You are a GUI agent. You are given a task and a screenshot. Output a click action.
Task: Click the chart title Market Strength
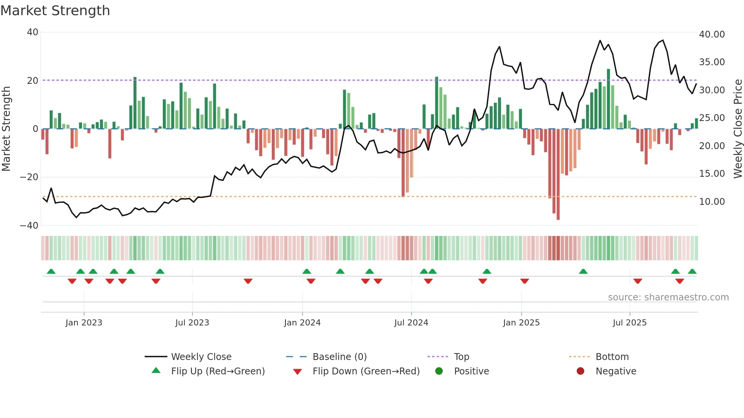click(x=55, y=11)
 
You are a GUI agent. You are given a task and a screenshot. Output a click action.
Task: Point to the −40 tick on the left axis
click(x=29, y=226)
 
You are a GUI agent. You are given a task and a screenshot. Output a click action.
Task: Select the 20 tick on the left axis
click(x=33, y=80)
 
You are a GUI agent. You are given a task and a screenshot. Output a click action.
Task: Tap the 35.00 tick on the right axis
click(x=712, y=62)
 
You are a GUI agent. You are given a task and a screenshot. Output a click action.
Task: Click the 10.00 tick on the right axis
click(x=712, y=202)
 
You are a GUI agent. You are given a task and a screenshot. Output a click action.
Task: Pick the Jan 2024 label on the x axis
click(x=302, y=323)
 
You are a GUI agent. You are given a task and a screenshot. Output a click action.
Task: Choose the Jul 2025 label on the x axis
click(x=629, y=323)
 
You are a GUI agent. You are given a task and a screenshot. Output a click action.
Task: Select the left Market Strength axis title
click(x=6, y=129)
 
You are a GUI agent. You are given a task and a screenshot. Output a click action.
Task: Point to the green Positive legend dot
click(x=439, y=371)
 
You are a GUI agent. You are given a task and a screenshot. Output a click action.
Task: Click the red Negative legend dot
click(x=580, y=371)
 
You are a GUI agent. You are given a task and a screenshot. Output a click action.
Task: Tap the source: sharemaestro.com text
click(x=668, y=297)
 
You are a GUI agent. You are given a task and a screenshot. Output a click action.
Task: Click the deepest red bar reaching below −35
click(x=558, y=174)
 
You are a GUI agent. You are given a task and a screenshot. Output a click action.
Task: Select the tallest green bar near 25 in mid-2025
click(x=608, y=99)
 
